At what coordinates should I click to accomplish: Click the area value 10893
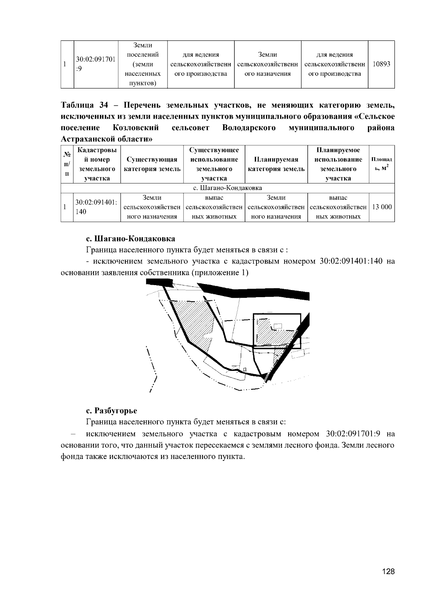(381, 64)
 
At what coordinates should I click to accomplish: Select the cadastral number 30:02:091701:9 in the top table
(96, 64)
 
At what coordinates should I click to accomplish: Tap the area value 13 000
(381, 207)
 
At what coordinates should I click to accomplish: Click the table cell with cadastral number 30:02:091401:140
(96, 207)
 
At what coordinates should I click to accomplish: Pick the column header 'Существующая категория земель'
(152, 164)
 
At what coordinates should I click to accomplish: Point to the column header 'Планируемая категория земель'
(276, 164)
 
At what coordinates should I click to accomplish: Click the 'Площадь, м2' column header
(381, 164)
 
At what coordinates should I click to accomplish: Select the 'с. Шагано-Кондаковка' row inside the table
(227, 188)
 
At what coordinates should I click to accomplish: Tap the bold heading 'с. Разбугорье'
(112, 411)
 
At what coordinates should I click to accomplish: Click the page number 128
(388, 572)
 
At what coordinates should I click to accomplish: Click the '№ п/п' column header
(67, 164)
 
